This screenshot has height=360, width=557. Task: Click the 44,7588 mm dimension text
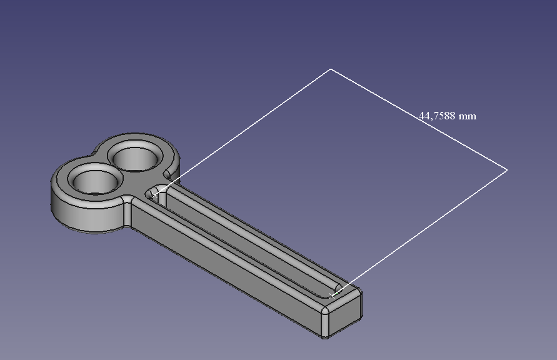pos(448,116)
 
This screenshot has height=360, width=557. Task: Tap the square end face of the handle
pos(345,313)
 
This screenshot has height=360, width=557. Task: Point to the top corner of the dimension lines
pos(331,69)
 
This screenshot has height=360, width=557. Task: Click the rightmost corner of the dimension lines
pos(507,170)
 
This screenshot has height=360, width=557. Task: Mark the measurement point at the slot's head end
pos(155,195)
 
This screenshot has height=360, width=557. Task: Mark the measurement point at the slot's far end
pos(331,296)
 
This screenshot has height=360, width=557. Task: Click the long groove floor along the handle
pos(245,245)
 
